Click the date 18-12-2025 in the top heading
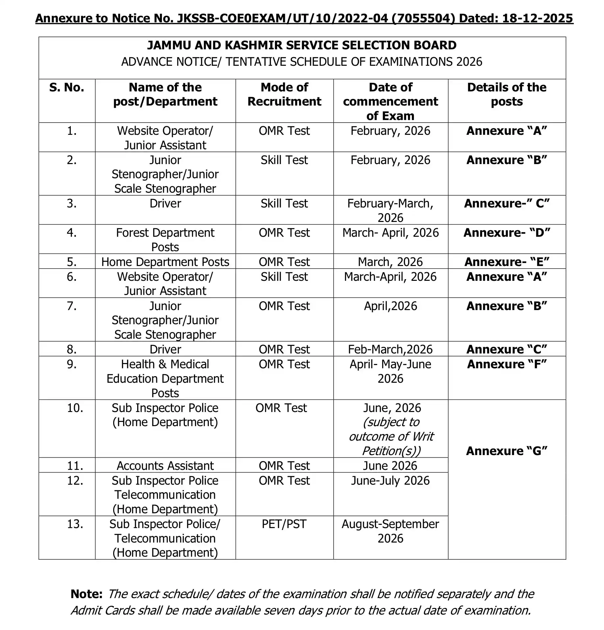(538, 18)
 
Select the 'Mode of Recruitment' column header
(284, 95)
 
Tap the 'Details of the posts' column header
(507, 95)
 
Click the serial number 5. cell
(72, 262)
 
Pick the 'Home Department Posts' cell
(165, 262)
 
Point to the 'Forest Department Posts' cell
(165, 240)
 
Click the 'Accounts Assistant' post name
(165, 466)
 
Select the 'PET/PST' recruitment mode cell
(284, 524)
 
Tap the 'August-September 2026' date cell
(390, 531)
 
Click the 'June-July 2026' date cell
(390, 480)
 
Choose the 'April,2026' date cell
(390, 306)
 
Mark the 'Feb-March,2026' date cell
(390, 349)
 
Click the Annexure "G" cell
(507, 451)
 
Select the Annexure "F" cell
(507, 364)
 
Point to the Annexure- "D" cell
(507, 233)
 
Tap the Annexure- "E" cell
(507, 262)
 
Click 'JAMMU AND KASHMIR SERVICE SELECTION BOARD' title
(302, 45)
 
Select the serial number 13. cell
(75, 524)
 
